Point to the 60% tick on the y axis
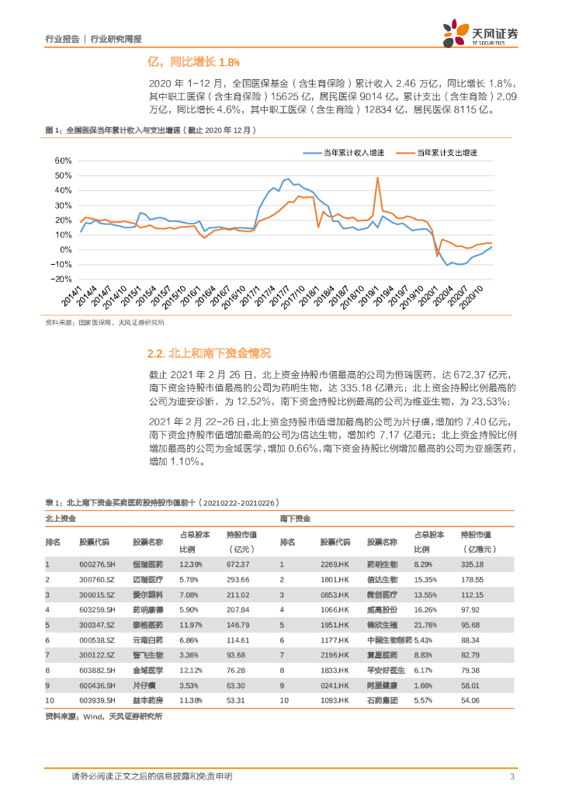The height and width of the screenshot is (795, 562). point(61,161)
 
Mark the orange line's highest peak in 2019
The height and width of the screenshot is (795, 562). point(377,179)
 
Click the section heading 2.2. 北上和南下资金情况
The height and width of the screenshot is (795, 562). point(209,354)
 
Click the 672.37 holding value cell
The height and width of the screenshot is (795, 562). point(237,564)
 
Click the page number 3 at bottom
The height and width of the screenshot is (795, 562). point(512,776)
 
